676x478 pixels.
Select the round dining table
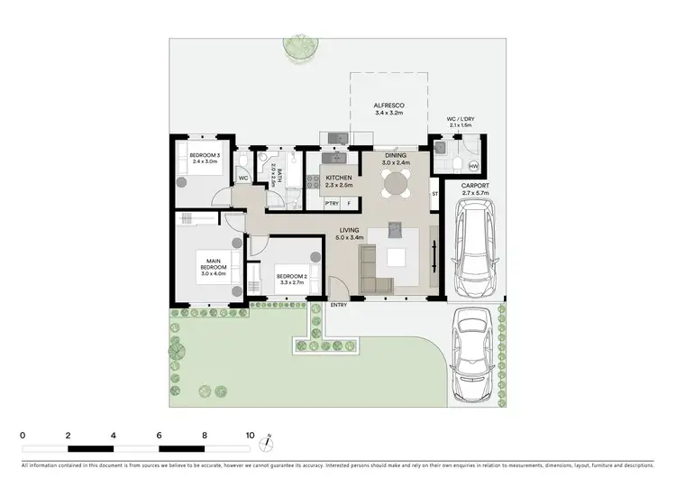pos(396,184)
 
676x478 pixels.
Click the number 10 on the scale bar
pos(250,434)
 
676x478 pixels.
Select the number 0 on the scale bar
pos(22,434)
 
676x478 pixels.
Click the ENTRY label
pos(339,305)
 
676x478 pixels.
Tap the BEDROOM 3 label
pos(205,158)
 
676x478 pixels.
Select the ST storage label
pos(434,194)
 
